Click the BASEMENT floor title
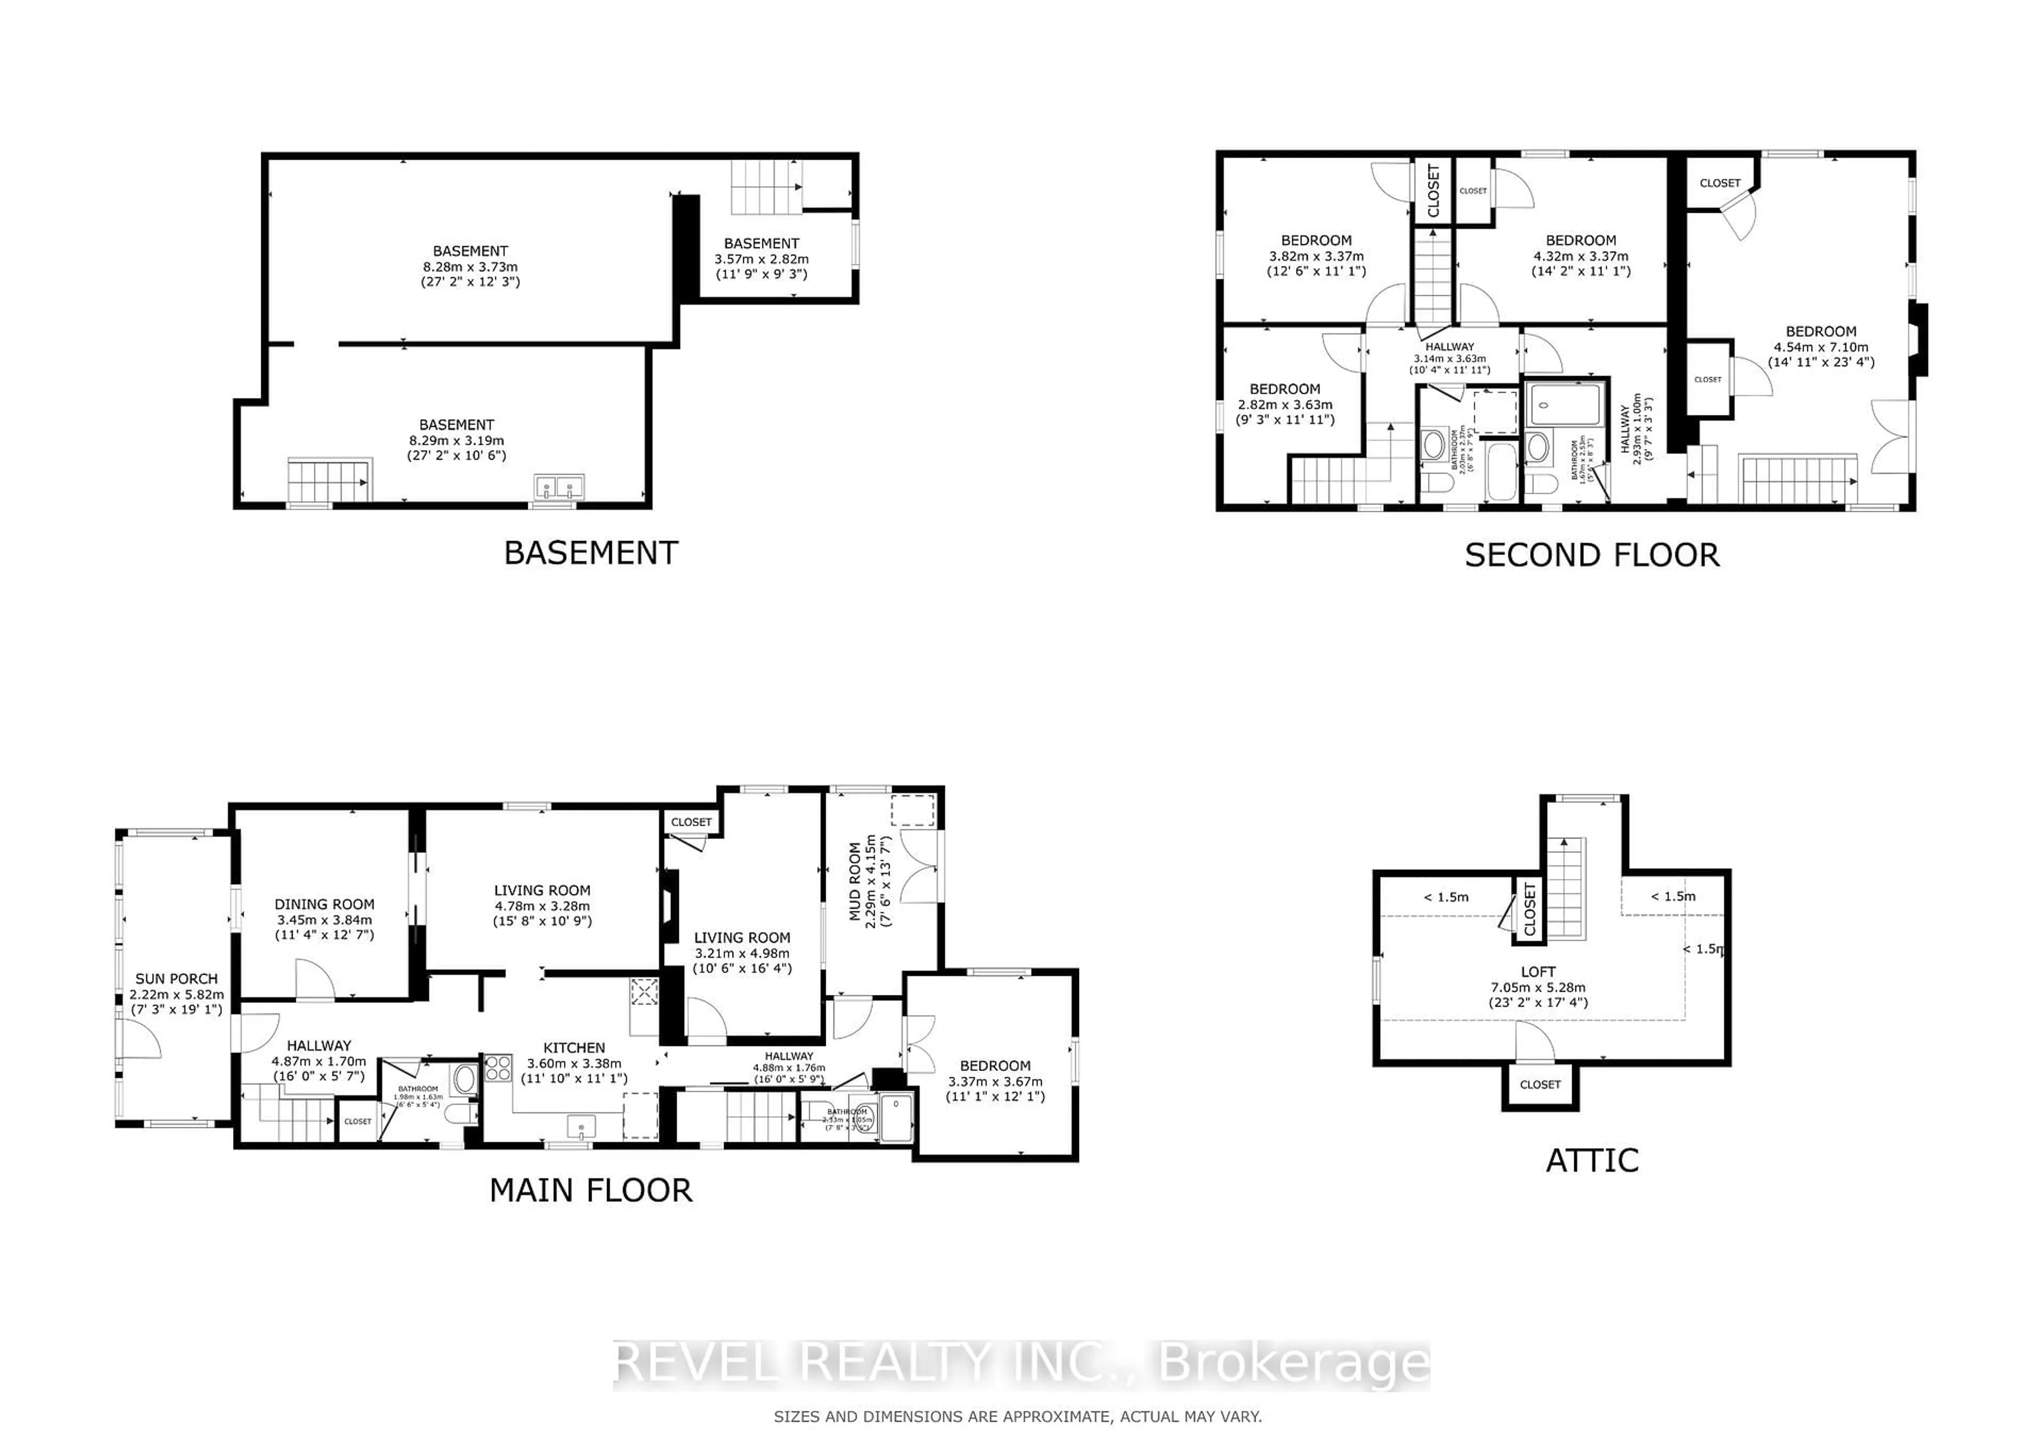591,553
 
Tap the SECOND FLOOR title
1592,555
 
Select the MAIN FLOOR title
591,1191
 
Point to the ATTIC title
1592,1160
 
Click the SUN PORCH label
176,979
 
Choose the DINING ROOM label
324,904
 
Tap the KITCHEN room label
574,1048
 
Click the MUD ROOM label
855,881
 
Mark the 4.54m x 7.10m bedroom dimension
1821,347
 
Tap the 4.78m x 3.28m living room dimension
542,906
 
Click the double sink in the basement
559,487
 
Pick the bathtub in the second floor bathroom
1503,470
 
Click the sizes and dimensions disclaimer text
1017,1416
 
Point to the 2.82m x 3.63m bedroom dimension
1285,405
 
